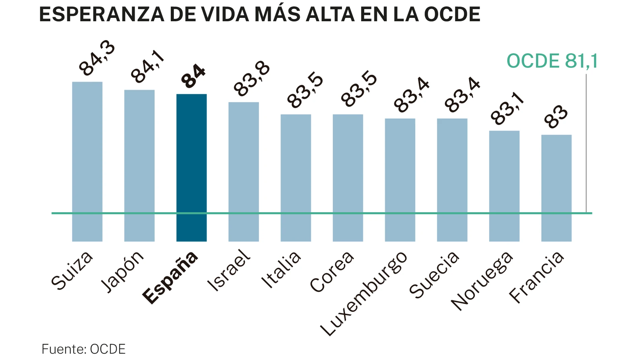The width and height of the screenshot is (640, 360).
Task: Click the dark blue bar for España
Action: point(191,167)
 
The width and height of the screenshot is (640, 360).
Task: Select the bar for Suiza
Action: point(87,161)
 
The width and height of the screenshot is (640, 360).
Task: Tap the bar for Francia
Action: point(556,188)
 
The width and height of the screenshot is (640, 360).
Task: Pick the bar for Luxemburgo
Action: point(400,179)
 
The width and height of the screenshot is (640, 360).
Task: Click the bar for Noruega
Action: point(504,186)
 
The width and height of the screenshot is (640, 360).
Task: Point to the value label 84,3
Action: point(97,58)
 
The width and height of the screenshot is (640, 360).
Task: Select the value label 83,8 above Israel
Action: point(252,79)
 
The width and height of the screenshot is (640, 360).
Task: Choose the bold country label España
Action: point(170,277)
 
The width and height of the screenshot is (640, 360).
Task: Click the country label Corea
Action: point(332,272)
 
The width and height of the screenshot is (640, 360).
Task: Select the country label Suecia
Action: point(434,275)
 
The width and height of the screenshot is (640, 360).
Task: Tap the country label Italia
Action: point(281,269)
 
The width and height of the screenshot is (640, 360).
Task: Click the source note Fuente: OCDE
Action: point(83,349)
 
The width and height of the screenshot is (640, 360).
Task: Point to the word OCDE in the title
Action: point(452,14)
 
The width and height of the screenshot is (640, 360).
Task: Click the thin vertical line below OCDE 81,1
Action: point(586,141)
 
